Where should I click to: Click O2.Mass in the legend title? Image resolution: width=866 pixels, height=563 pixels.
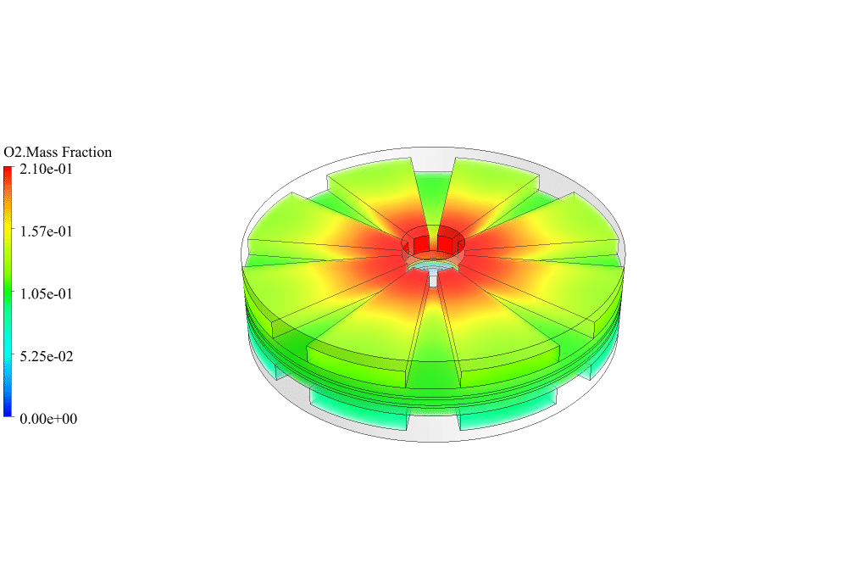click(x=31, y=153)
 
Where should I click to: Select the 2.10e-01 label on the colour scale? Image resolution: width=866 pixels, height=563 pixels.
click(x=46, y=169)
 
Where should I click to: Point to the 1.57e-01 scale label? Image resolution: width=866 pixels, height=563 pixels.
click(x=46, y=231)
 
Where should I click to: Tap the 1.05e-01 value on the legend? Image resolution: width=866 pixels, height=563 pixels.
click(x=46, y=294)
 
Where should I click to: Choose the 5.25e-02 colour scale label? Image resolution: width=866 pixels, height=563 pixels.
click(x=47, y=356)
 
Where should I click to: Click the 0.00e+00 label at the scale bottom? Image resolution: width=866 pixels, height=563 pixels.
click(x=48, y=419)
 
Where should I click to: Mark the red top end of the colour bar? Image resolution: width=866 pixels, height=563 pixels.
click(x=8, y=171)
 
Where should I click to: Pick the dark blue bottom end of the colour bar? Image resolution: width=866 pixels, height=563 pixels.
click(x=8, y=411)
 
